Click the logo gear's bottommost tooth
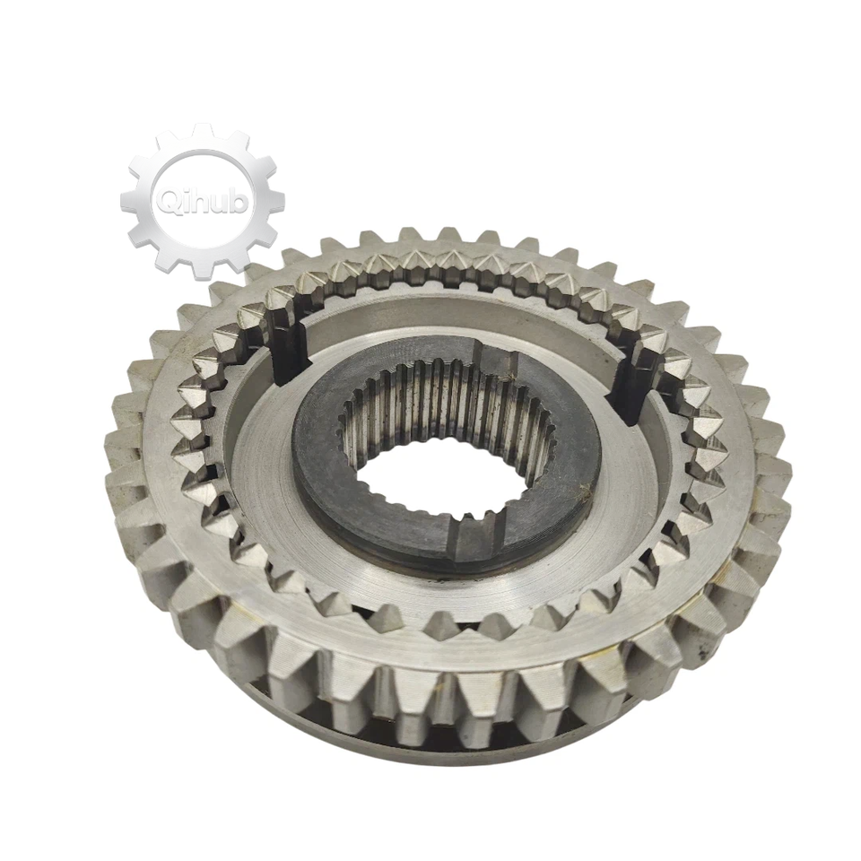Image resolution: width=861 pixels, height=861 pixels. pyautogui.click(x=202, y=265)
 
